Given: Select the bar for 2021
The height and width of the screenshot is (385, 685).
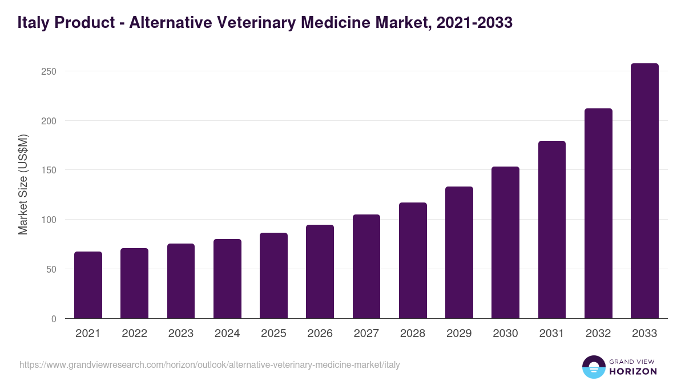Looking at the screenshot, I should click(88, 285).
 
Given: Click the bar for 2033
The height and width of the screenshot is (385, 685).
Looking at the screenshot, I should click(644, 191).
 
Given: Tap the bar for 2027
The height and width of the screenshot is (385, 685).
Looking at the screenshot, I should click(366, 266).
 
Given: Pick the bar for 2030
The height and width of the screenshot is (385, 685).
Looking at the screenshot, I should click(505, 242).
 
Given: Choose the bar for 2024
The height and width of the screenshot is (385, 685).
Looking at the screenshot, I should click(227, 279).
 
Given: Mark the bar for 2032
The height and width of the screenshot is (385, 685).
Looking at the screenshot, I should click(598, 213).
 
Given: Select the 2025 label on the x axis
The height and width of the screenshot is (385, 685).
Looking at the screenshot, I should click(273, 334).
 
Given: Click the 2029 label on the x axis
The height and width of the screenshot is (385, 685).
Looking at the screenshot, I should click(459, 334).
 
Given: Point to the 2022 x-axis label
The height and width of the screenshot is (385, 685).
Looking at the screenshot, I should click(134, 334).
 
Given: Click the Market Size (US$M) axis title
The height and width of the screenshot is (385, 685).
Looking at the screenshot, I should click(23, 184).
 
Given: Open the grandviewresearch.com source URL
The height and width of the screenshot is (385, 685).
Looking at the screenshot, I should click(209, 364).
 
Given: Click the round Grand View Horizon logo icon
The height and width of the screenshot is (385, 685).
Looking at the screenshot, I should click(593, 367).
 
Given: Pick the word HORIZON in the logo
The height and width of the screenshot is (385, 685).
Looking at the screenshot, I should click(633, 371).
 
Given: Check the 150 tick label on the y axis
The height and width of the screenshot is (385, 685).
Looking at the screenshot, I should click(49, 170).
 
